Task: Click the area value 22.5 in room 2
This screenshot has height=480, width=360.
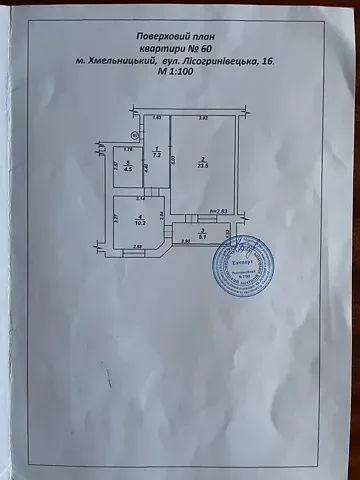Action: [x=201, y=167]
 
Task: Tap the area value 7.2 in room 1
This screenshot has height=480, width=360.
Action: [x=157, y=157]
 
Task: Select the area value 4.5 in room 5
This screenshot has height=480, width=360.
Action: [x=127, y=168]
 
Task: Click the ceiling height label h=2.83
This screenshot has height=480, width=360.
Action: [x=219, y=212]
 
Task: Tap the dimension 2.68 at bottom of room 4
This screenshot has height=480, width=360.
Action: [x=138, y=246]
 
